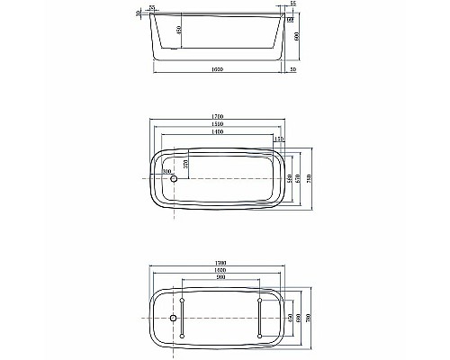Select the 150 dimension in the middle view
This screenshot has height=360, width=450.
[278, 139]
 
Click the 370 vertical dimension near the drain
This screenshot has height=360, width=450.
[186, 164]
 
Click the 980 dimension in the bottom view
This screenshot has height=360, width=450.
[220, 276]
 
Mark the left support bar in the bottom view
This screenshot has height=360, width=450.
[182, 317]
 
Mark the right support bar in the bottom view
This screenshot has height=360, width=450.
[260, 317]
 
